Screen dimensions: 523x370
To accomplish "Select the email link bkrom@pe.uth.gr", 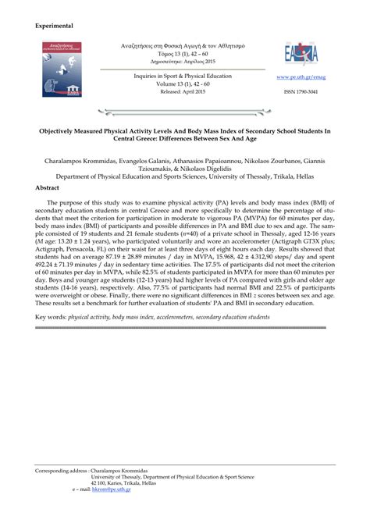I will click(x=111, y=490).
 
